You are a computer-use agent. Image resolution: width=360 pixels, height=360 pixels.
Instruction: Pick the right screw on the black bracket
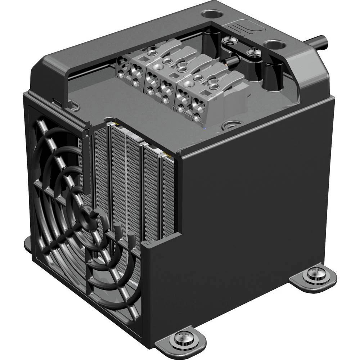tap(252, 53)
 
